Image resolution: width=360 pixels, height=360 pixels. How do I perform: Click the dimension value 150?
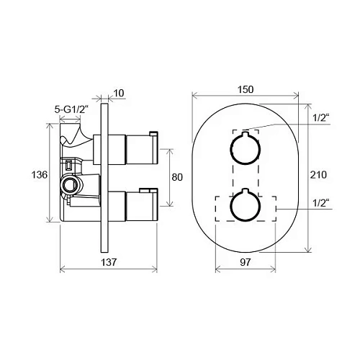(x=246, y=89)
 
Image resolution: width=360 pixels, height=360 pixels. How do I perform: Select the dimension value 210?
(x=318, y=175)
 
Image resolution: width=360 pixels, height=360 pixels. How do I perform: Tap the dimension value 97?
(x=245, y=262)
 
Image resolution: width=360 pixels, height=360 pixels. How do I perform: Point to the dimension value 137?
(x=109, y=262)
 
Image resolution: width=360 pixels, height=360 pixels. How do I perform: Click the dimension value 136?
(x=40, y=175)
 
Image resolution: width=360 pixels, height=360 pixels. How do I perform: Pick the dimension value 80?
(x=177, y=177)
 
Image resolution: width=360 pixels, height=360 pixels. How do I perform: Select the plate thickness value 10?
(x=119, y=93)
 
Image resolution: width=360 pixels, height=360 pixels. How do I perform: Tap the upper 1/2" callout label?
(x=321, y=118)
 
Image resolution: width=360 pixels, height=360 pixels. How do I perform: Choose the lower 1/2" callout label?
(x=321, y=203)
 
